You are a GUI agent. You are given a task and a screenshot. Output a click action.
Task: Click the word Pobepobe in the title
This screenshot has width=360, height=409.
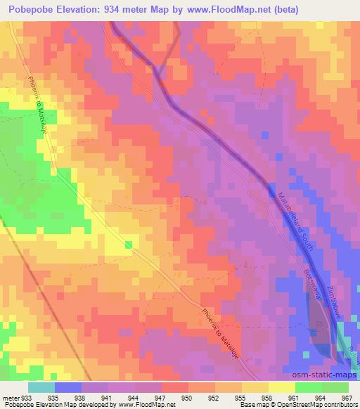tap(29, 10)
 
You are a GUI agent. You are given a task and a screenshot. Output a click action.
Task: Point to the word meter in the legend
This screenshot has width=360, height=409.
tap(10, 397)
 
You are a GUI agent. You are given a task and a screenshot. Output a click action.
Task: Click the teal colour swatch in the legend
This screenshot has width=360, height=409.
tap(41, 387)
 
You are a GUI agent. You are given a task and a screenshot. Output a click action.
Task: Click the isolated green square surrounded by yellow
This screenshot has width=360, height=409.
tap(129, 245)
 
